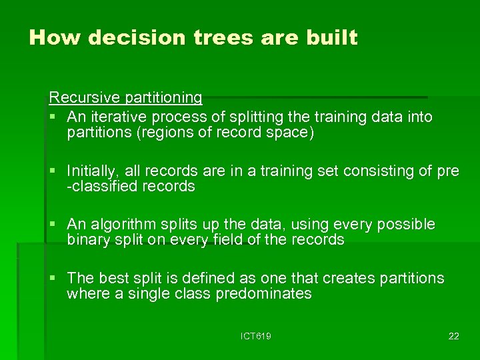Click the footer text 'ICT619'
tap(255, 336)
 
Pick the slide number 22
tap(453, 336)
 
